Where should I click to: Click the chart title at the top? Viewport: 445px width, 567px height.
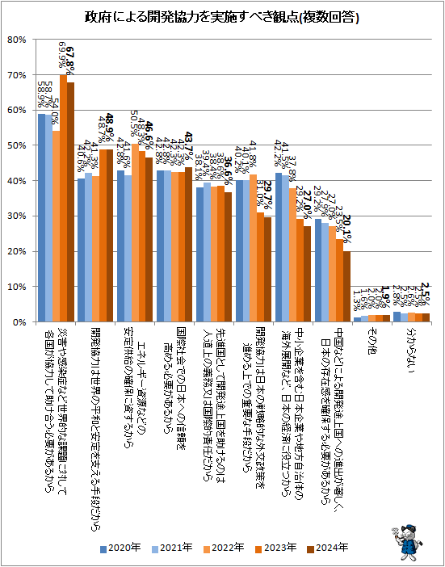222,17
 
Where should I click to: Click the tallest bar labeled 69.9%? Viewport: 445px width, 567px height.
62,198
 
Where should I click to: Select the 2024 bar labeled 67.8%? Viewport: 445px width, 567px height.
70,202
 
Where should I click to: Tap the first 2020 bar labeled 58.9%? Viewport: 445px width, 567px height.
40,217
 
